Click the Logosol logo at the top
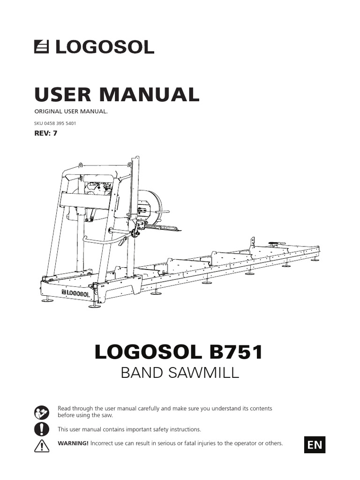tap(94, 47)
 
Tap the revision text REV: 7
tap(46, 133)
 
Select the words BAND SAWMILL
tap(180, 373)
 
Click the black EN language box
tap(315, 444)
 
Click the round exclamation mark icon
tap(42, 429)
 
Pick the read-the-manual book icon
tap(42, 412)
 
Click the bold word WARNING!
tap(73, 443)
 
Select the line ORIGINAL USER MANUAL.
tap(71, 112)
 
